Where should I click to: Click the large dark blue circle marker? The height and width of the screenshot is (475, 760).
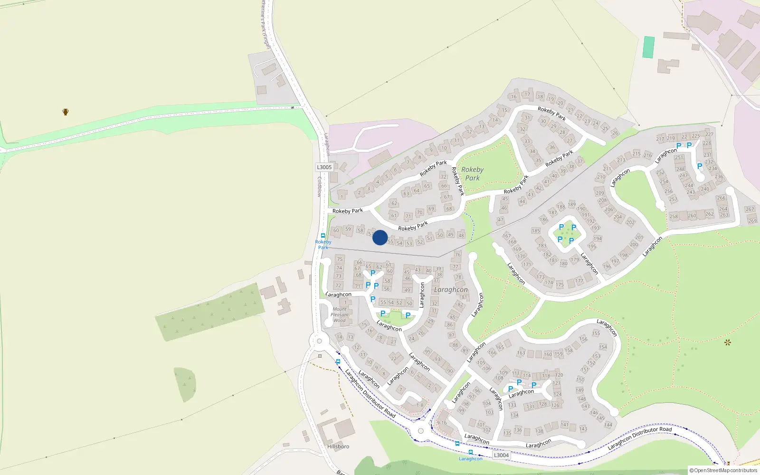click(x=380, y=237)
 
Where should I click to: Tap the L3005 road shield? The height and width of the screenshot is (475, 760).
click(x=324, y=167)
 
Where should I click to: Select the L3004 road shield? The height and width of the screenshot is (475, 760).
click(x=501, y=455)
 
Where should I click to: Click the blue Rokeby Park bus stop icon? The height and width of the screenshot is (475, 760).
click(x=323, y=236)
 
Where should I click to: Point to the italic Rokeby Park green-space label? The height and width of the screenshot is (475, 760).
click(x=472, y=173)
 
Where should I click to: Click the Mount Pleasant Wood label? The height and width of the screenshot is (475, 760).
click(x=340, y=314)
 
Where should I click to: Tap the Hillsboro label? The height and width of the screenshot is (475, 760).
click(x=338, y=446)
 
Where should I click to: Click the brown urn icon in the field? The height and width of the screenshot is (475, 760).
click(x=66, y=112)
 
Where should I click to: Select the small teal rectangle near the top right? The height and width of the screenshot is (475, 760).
click(x=648, y=47)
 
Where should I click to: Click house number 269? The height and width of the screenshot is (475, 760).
click(x=752, y=221)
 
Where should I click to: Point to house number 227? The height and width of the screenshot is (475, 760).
click(x=709, y=134)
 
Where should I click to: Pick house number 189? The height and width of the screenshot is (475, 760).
click(x=571, y=204)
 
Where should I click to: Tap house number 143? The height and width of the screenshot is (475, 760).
click(x=583, y=429)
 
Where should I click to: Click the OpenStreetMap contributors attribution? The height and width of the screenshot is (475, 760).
click(x=723, y=470)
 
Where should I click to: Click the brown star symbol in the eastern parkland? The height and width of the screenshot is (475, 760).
click(x=727, y=342)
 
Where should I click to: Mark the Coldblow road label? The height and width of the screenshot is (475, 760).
click(x=319, y=187)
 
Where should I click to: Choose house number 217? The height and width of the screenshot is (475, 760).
click(x=660, y=139)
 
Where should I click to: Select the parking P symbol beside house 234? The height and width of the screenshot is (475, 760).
click(x=699, y=166)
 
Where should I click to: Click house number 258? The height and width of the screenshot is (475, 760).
click(x=674, y=217)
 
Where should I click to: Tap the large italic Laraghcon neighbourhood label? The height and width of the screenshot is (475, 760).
click(x=451, y=289)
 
